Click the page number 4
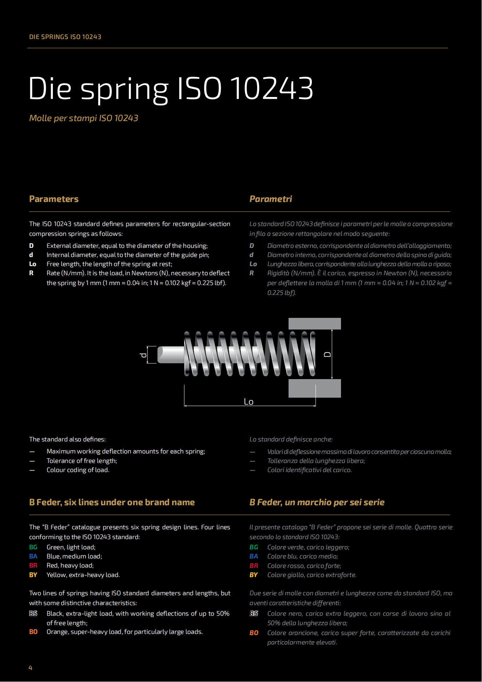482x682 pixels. [31, 667]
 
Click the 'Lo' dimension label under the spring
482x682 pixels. [248, 402]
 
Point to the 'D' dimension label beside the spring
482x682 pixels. [328, 354]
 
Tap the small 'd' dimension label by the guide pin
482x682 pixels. [143, 355]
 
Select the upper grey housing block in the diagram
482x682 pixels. [314, 324]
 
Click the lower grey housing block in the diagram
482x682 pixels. [314, 388]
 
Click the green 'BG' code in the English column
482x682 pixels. [33, 547]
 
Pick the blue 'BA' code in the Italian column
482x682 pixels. [254, 556]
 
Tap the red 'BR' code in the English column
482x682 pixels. [33, 565]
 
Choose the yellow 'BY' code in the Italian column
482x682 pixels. [254, 575]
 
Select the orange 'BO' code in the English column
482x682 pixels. [33, 632]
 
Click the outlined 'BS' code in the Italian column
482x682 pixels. [254, 613]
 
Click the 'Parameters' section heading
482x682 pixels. [54, 199]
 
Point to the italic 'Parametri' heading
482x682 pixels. [271, 199]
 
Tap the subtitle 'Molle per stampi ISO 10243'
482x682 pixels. [84, 118]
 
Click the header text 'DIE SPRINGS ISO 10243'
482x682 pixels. [65, 37]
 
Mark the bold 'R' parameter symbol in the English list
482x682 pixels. [31, 273]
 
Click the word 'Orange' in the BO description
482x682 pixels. [57, 632]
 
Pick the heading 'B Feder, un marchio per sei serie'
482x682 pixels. [317, 502]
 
